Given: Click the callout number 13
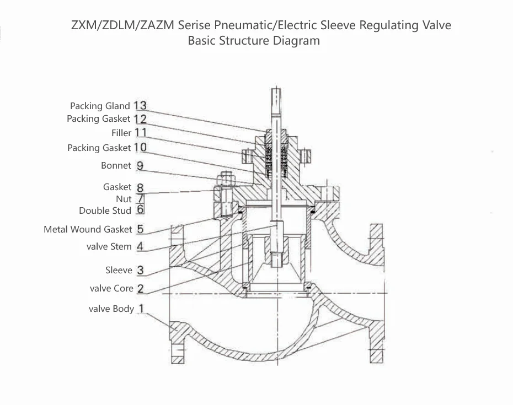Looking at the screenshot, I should coord(140,105).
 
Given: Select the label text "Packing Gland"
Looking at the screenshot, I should coord(100,106).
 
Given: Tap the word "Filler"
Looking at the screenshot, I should coord(121,133).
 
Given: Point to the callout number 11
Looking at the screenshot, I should coord(141,133).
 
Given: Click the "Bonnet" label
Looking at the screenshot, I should coord(116,165).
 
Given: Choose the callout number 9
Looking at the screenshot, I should coord(140,165).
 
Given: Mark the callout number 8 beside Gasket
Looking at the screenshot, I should coord(140,187).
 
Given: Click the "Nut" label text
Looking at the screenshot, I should coord(124,198).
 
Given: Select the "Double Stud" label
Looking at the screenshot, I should coord(105,210).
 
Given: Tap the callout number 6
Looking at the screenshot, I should coord(141,210).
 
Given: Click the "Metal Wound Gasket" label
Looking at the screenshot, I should coord(88,229).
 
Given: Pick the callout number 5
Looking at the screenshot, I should coord(140,229).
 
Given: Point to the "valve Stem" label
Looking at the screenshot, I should coord(109,246).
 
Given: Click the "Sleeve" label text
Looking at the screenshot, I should coord(119,270).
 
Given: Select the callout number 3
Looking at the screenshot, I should coord(141,270).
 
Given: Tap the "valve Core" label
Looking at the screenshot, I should coord(111,288).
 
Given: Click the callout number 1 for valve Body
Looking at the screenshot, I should coord(142,309).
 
